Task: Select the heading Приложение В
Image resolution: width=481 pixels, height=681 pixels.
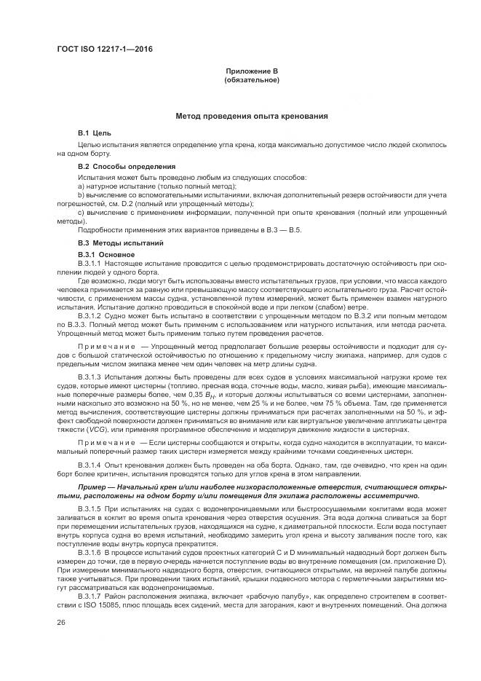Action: (x=252, y=71)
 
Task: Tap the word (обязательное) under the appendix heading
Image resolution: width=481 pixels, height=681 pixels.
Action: (x=252, y=79)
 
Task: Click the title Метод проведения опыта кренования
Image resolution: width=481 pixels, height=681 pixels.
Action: (x=252, y=116)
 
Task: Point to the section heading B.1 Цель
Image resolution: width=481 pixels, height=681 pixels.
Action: (x=95, y=135)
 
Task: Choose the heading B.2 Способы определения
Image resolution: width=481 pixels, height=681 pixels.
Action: (x=127, y=167)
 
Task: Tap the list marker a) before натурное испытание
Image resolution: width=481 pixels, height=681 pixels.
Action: (x=81, y=187)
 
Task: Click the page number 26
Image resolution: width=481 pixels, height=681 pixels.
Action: (x=61, y=622)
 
